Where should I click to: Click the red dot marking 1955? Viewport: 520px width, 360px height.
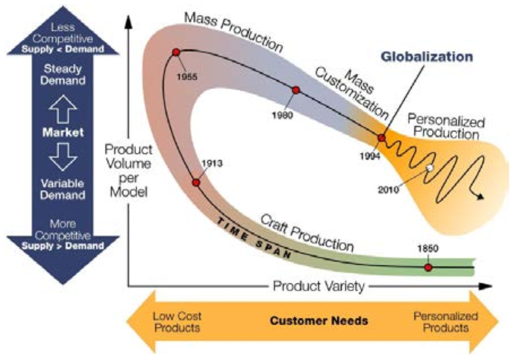(x=176, y=52)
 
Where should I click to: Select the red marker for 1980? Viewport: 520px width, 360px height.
(x=296, y=90)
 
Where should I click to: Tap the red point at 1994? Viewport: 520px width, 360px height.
(x=382, y=138)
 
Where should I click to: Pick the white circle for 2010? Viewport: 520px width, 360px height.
(x=430, y=168)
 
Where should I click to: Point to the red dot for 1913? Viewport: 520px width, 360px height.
(x=196, y=182)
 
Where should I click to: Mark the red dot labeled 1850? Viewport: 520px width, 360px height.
(x=428, y=267)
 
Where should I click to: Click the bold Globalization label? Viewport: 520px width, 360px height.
(x=426, y=57)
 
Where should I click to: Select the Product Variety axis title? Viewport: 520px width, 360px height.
(x=318, y=286)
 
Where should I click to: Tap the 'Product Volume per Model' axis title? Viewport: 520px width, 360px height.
(x=128, y=171)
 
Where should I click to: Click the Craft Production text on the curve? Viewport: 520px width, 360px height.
(x=307, y=233)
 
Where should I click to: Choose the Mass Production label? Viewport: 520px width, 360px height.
(x=233, y=31)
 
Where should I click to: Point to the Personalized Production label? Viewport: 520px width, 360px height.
(x=446, y=127)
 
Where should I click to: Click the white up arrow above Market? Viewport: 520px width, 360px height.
(x=63, y=110)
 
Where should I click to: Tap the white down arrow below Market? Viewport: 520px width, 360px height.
(x=63, y=157)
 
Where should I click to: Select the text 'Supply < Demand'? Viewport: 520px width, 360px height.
(x=63, y=49)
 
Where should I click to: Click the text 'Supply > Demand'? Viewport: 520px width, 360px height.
(x=63, y=246)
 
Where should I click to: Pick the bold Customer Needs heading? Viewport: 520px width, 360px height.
(x=319, y=321)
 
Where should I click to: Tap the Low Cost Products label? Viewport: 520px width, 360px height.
(x=177, y=321)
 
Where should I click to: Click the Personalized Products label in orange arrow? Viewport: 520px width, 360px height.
(x=446, y=321)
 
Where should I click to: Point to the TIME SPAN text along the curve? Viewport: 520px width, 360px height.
(x=253, y=238)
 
